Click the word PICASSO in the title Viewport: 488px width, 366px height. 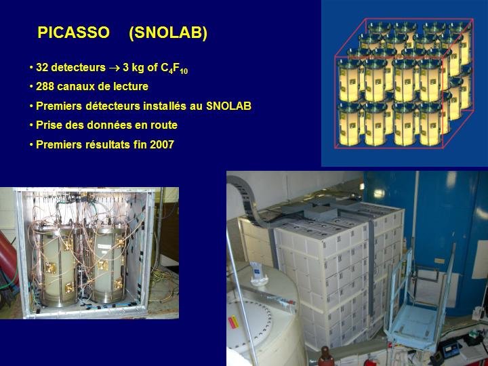click(73, 33)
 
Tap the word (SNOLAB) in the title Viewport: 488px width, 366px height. click(168, 33)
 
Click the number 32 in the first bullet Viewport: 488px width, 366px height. click(42, 68)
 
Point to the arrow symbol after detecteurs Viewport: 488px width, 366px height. click(115, 68)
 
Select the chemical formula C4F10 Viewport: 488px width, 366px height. click(174, 68)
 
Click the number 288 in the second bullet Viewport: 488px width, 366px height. click(45, 87)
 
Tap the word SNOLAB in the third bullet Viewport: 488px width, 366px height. click(229, 106)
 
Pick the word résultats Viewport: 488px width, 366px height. click(108, 145)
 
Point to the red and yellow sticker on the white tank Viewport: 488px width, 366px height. click(233, 322)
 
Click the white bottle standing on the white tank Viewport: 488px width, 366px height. click(258, 274)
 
